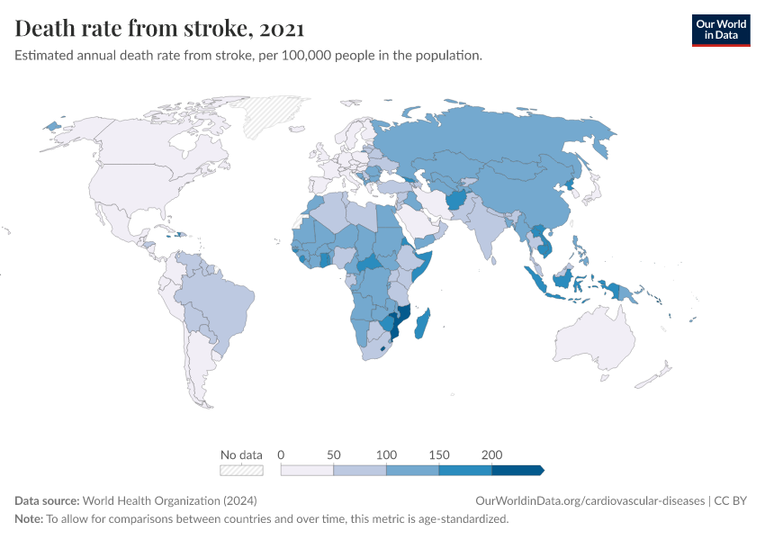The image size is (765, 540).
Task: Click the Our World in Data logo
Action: pos(720,30)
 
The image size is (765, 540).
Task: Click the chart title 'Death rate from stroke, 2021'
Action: pos(159,29)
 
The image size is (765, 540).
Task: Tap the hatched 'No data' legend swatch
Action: pos(241,470)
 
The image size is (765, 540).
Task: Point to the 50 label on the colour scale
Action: pos(334,454)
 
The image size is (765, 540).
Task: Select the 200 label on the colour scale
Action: pos(491,454)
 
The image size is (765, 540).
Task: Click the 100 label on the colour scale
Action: pos(386,454)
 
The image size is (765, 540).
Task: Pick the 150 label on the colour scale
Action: pos(439,454)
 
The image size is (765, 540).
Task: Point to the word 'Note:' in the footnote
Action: pos(29,519)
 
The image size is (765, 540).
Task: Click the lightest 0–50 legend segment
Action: pos(307,470)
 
